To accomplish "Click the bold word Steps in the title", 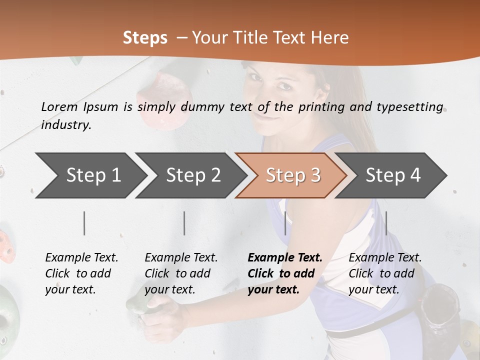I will click(145, 38).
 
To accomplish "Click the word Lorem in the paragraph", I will click(59, 106).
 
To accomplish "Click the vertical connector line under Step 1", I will click(84, 223).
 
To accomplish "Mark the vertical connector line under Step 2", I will click(184, 223).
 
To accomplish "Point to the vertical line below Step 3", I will click(285, 223).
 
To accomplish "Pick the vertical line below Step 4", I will click(386, 223).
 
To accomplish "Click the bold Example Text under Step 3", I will click(285, 258).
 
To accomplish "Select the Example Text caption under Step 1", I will click(81, 258).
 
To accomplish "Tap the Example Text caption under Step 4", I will click(385, 258).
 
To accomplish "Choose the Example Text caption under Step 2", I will click(181, 258).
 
